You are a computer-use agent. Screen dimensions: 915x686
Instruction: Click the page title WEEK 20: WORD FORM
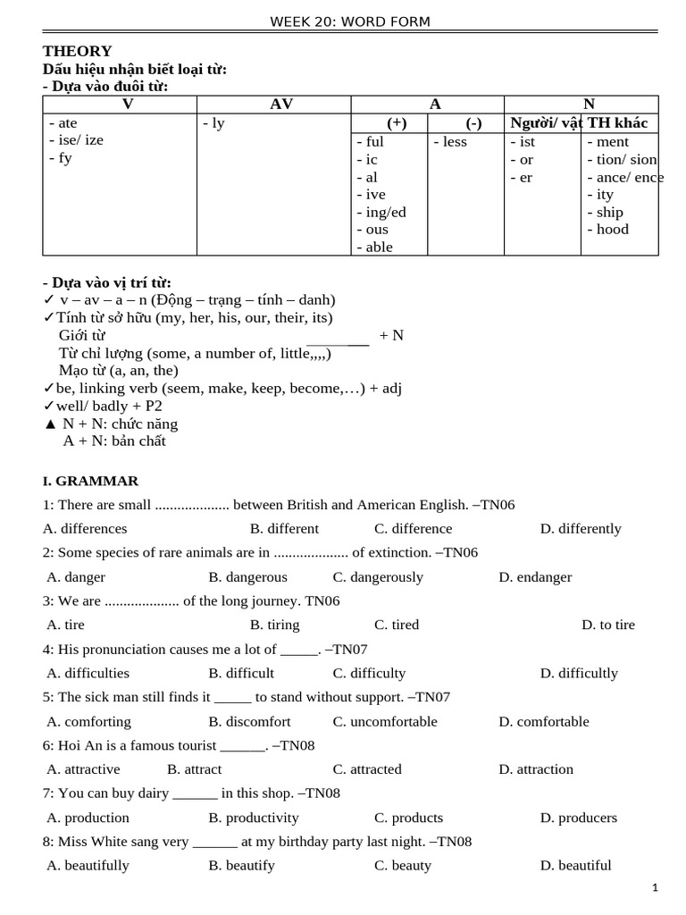[350, 21]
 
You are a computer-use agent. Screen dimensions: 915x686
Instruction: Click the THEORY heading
[78, 51]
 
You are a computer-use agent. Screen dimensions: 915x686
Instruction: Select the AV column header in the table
[280, 105]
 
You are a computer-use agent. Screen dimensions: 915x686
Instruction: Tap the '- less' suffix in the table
[450, 141]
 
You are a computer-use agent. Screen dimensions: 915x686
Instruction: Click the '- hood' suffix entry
[607, 229]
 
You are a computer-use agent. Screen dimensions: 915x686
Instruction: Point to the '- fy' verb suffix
[61, 158]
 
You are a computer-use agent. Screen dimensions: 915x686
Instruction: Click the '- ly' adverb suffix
[213, 123]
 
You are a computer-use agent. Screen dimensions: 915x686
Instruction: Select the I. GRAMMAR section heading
[90, 481]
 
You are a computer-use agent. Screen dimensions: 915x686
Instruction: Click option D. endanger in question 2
[535, 576]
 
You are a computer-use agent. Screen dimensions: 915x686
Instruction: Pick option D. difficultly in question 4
[579, 673]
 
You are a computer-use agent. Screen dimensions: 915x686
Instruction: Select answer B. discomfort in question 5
[249, 721]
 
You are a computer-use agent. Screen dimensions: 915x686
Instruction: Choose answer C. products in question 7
[408, 817]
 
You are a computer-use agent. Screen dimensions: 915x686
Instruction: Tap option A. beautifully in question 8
[88, 865]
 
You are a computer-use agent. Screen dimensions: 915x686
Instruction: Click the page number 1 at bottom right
[655, 887]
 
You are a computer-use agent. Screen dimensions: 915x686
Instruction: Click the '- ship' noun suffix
[605, 212]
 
